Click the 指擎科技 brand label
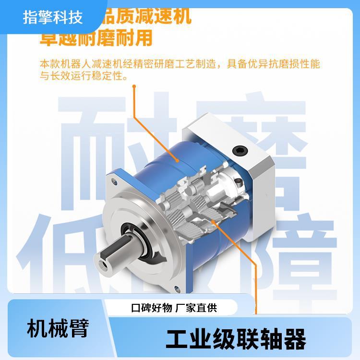(53, 17)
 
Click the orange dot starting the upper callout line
(134, 87)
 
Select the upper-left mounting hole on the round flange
(114, 182)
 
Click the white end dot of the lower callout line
(215, 221)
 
